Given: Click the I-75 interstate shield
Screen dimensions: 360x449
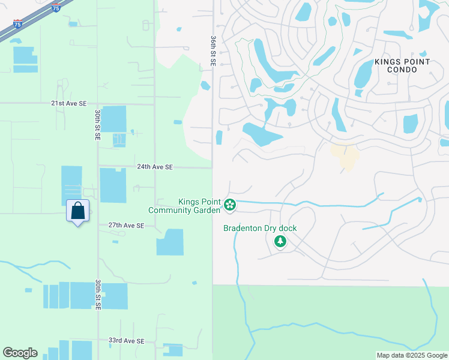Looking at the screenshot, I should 56,8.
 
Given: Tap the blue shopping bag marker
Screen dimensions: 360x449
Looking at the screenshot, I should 77,211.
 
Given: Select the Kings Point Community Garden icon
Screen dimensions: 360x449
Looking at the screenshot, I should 229,205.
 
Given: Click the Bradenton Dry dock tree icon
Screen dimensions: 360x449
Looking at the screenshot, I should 280,241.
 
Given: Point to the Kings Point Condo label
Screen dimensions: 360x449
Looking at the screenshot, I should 402,65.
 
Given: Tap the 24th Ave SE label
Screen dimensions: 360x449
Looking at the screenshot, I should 154,167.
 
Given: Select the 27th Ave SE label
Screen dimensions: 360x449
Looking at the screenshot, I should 126,226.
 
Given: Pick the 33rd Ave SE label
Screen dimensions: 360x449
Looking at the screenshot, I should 126,341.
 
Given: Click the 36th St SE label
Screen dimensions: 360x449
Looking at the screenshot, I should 213,50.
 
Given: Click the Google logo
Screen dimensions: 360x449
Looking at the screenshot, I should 20,353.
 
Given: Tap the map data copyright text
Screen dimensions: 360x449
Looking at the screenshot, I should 412,355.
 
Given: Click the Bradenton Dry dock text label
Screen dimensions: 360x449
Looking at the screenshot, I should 260,229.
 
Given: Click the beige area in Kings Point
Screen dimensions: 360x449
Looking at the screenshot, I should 345,156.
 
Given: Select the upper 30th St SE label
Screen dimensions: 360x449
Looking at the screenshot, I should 97,125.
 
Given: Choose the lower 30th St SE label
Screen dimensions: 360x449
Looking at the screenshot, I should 98,294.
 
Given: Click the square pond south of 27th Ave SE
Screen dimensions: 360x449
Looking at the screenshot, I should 170,242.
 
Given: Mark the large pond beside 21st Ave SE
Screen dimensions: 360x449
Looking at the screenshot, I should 113,119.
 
